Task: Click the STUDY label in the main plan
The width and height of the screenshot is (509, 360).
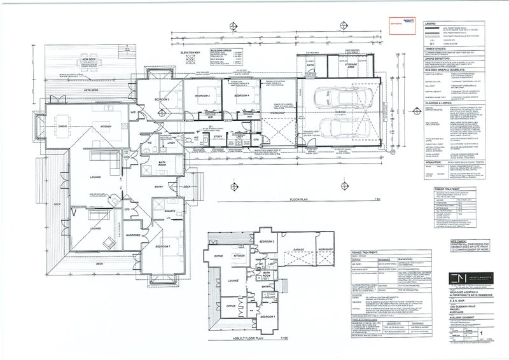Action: point(216,136)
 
